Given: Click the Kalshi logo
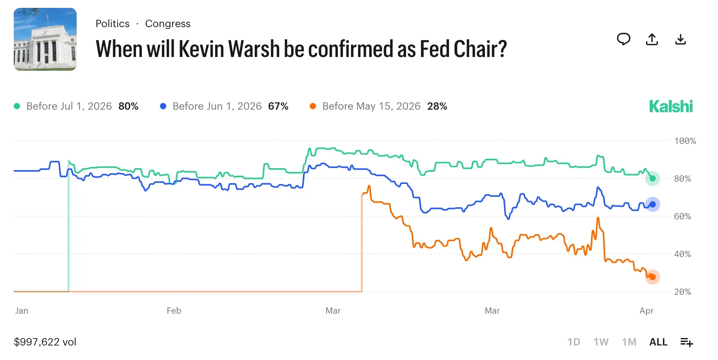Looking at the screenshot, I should pos(670,107).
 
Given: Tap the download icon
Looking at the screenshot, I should pos(680,39).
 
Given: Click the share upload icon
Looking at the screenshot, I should pos(652,39).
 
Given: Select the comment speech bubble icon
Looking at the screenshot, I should pos(623,39).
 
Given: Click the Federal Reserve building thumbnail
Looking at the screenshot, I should pos(45,39).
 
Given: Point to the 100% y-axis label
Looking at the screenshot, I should pos(685,141).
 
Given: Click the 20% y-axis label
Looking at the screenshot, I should pos(682,292).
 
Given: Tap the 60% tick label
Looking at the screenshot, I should pos(682,217).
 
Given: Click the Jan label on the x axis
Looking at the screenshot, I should pos(22,311).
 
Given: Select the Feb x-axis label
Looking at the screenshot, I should pos(174,311).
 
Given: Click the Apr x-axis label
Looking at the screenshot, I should pos(646,311).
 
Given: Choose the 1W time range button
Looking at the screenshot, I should pos(600,342).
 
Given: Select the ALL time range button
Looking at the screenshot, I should pos(658,342).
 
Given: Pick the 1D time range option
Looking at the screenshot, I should pos(573,342).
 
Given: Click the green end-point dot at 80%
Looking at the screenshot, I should pos(652,178).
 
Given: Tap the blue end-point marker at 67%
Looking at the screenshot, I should pos(652,204).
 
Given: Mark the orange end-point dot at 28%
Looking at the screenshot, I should pos(652,277).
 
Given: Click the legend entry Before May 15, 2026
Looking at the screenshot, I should pos(371,107).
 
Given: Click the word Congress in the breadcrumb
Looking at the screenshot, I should pos(168,24).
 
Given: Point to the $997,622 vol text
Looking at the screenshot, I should pos(45,342).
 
